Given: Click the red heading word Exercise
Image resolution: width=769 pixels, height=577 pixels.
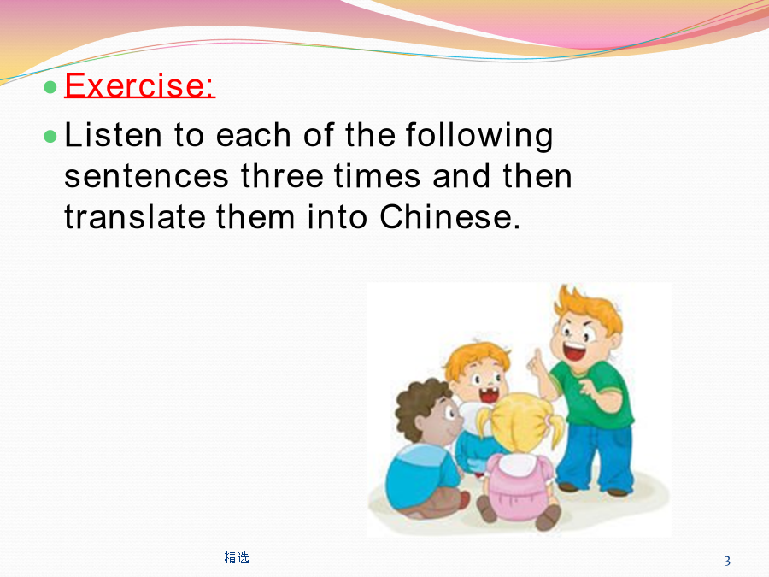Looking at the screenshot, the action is pos(140,85).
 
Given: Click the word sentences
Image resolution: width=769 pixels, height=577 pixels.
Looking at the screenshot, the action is pos(146,177).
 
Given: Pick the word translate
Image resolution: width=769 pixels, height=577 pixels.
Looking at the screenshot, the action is pos(135,217).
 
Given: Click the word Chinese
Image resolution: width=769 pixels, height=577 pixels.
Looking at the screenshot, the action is pos(449,217).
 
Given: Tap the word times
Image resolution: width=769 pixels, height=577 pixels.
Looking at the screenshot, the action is pos(377,175).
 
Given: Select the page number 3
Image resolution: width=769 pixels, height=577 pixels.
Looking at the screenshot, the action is pos(727,561).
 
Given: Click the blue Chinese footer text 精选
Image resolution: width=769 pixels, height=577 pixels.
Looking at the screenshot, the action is pos(237,557).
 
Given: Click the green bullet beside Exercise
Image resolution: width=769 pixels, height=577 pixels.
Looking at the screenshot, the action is pos(50,87).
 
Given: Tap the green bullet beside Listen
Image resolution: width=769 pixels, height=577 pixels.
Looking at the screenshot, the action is pos(50,136).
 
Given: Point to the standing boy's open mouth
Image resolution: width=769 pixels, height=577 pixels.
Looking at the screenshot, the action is pos(574,351).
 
